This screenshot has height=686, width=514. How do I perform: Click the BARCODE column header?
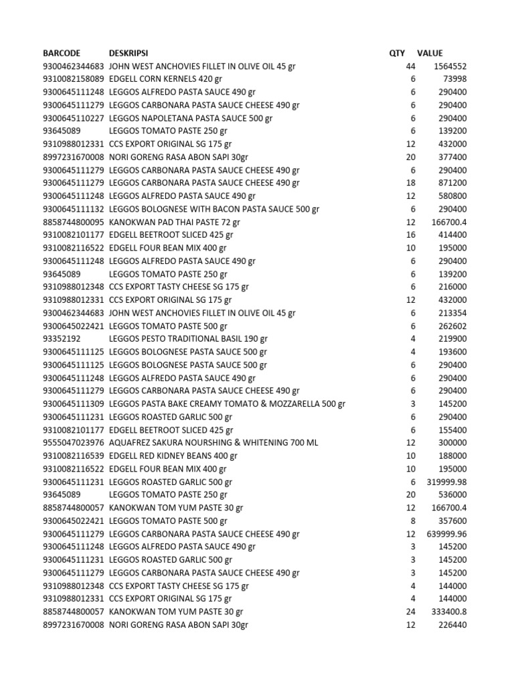[62, 53]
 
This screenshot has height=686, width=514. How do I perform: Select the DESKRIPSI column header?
[128, 53]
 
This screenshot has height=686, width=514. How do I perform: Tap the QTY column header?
[397, 53]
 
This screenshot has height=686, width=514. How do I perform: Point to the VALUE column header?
[430, 53]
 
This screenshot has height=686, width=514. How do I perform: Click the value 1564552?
[450, 66]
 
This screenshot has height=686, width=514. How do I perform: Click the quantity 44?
[410, 66]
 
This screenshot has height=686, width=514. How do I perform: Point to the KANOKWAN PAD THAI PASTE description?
[174, 222]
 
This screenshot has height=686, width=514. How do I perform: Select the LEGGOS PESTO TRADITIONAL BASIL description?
[188, 339]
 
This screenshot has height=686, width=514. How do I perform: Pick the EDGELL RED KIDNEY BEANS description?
[173, 456]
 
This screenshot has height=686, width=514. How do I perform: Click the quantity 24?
[410, 612]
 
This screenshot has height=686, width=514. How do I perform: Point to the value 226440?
[452, 625]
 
